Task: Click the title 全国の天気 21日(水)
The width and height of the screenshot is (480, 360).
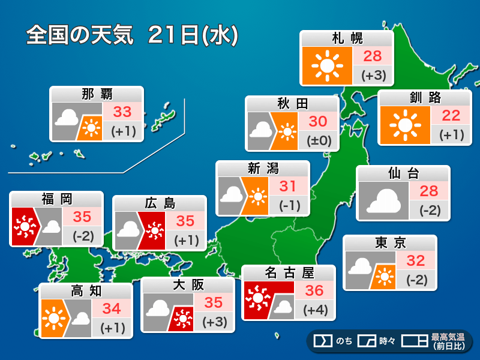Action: [x=132, y=35]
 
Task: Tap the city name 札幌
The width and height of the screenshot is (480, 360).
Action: [x=347, y=38]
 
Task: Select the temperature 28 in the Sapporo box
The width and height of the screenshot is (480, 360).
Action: [x=373, y=56]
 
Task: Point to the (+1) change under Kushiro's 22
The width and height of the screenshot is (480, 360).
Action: [x=451, y=134]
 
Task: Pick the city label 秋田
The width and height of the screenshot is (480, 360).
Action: [x=292, y=104]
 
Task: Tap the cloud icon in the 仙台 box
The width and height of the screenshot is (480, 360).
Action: [x=383, y=201]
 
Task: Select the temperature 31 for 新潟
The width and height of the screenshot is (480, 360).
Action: [x=288, y=186]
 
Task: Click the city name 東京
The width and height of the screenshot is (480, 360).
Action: [x=390, y=243]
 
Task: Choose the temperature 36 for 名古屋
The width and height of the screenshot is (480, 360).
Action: [x=314, y=291]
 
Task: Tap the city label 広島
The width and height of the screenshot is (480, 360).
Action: [x=160, y=203]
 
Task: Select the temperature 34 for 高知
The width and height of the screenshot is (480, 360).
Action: [x=112, y=309]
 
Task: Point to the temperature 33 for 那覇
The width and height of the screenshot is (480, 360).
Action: [x=122, y=112]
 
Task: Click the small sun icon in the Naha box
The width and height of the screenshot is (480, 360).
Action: [x=91, y=128]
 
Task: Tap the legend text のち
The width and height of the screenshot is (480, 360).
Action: [x=344, y=341]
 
